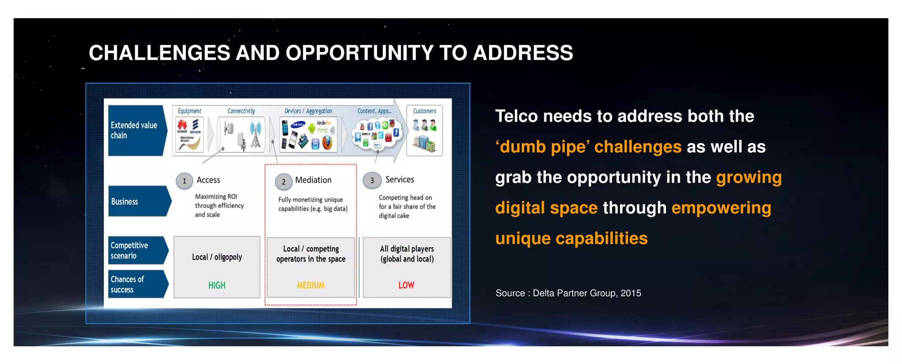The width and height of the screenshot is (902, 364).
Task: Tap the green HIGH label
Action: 217,286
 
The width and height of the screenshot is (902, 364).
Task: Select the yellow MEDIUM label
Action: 311,286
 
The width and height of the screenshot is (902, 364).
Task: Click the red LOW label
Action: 406,285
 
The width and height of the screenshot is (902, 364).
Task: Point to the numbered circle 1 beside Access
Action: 185,181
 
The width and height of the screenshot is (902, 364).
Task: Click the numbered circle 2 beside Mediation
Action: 284,182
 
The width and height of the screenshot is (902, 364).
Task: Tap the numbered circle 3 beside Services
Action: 372,180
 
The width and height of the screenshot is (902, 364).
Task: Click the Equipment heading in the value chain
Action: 189,111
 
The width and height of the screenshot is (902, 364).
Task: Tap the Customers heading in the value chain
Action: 425,111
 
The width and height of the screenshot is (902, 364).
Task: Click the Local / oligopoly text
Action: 217,257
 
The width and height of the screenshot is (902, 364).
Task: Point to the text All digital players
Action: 407,249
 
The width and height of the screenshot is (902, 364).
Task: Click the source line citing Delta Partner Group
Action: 568,293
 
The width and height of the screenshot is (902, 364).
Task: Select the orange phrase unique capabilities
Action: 571,239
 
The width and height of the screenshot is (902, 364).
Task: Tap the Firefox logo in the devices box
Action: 327,143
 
